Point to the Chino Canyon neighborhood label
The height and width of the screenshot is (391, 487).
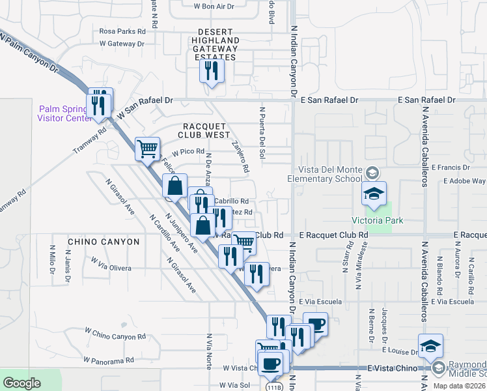104,242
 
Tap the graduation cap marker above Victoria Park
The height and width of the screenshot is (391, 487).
375,194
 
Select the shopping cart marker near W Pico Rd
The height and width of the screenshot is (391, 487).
148,149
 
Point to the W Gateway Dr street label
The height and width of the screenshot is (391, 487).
122,44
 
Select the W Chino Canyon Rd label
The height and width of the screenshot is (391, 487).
115,336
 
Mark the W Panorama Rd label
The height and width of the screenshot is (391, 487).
109,360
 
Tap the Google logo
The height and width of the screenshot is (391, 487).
22,383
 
